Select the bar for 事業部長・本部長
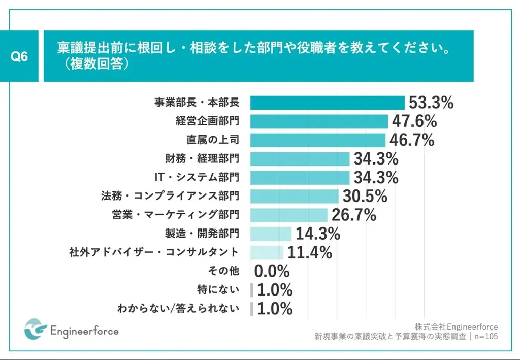pos(328,103)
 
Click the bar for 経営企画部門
pos(319,121)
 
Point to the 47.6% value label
pos(414,121)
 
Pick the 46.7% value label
pos(412,140)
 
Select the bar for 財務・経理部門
pos(300,159)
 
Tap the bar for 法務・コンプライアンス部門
pos(295,196)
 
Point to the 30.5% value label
pos(365,196)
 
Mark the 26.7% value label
pos(353,215)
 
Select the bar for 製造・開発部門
pos(271,234)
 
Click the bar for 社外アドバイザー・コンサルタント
pos(267,252)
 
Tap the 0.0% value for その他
pos(272,271)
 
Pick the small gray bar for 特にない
pos(252,289)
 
